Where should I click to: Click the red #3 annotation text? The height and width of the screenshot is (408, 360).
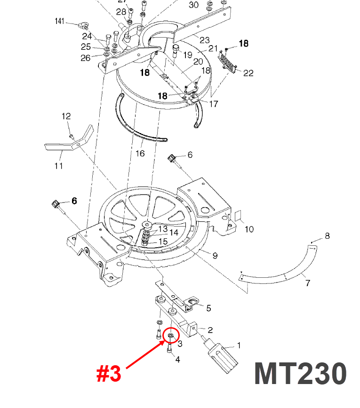pos(109,374)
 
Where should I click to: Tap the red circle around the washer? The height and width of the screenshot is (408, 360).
pos(171,336)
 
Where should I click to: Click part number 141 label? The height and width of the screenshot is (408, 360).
pos(59,22)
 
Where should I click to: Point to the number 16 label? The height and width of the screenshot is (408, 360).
pos(140,154)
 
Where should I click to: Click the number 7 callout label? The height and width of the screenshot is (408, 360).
pos(308,283)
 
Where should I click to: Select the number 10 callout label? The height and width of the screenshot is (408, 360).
pos(249,229)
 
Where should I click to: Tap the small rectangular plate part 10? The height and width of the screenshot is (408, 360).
pos(237,215)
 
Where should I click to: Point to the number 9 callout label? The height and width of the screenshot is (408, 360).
pos(215,256)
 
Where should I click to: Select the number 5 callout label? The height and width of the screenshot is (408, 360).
pos(208,308)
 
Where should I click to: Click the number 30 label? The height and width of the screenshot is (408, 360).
pos(193,5)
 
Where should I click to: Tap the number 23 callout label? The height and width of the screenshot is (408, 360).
pos(204,40)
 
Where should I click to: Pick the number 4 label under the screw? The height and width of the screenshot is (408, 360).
pos(177,360)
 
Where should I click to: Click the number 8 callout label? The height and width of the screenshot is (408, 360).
pos(328,236)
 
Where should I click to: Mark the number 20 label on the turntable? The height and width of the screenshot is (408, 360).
pos(198,62)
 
